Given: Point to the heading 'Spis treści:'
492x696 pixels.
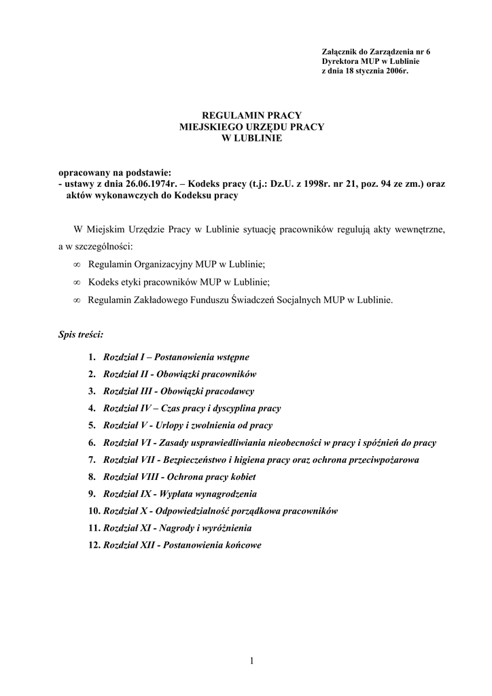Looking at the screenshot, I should (x=81, y=335).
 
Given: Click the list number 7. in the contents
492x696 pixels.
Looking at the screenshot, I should (x=93, y=460).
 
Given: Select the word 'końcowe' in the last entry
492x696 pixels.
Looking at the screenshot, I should (x=240, y=544).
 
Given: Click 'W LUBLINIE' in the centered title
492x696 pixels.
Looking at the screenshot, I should (x=251, y=138).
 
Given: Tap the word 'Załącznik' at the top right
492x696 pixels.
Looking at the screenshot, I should (x=338, y=52).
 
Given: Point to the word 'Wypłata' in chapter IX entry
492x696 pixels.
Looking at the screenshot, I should (x=174, y=494).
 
